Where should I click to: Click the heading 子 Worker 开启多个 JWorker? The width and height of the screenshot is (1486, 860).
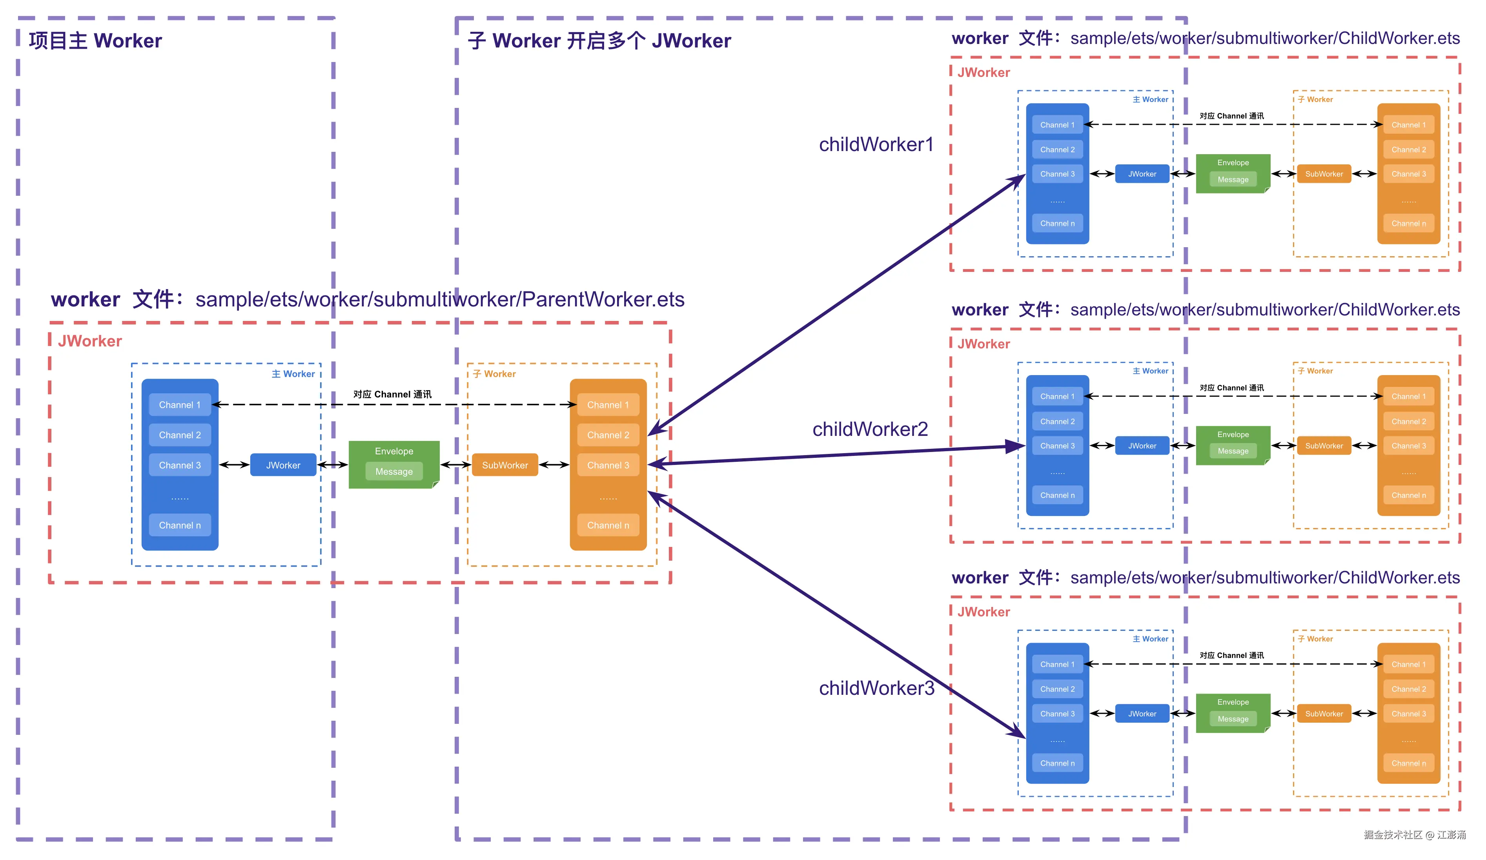click(x=599, y=41)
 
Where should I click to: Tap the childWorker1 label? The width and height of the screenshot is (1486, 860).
click(x=876, y=144)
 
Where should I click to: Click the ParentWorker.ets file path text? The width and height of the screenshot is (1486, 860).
click(x=439, y=300)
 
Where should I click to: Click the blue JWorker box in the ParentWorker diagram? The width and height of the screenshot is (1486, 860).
click(x=283, y=465)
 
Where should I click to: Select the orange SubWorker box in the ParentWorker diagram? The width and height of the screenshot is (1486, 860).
click(x=505, y=465)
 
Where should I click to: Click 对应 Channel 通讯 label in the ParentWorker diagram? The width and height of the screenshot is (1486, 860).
click(x=392, y=394)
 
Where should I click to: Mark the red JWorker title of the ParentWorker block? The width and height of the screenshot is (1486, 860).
click(x=89, y=341)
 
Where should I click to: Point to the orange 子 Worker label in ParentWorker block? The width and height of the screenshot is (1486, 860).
click(x=494, y=374)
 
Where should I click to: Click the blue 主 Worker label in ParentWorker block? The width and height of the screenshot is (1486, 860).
click(x=293, y=374)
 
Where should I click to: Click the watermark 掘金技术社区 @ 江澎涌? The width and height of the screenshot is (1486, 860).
click(x=1414, y=834)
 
